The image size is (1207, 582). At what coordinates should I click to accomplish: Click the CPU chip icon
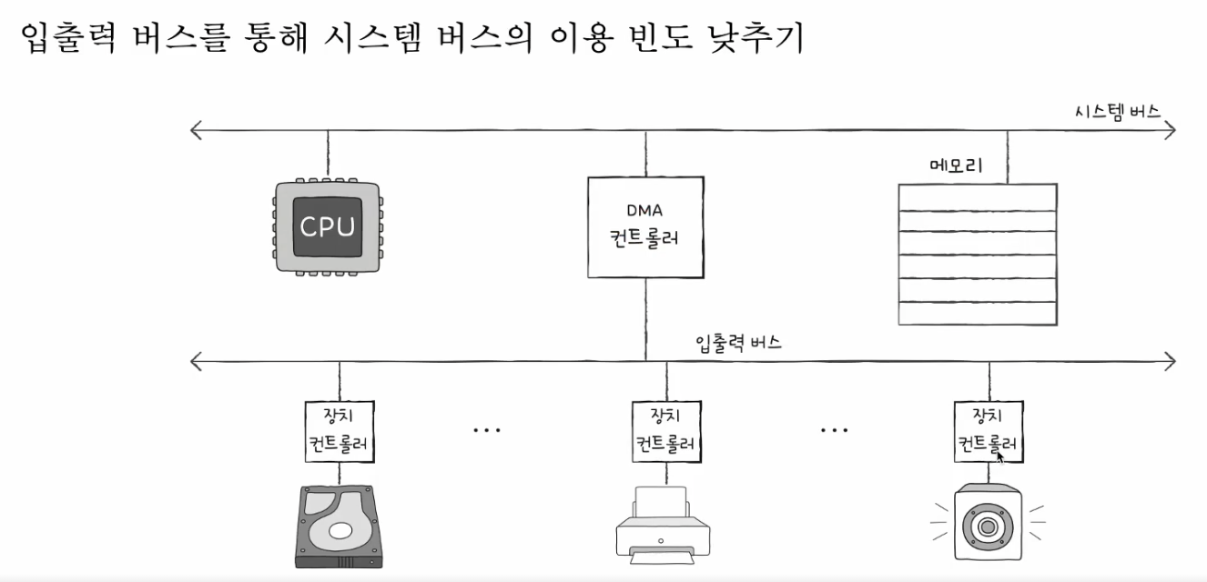(x=327, y=226)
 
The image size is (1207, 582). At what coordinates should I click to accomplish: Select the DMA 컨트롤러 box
(x=645, y=226)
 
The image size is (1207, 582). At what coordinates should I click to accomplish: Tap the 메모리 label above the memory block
(x=956, y=166)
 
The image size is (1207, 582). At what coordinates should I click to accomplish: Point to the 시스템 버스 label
(x=1117, y=112)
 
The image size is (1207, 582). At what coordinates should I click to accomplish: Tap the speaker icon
(x=988, y=525)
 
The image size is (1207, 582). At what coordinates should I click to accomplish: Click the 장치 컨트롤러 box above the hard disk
(x=339, y=431)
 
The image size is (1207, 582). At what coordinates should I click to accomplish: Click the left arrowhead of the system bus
(x=196, y=130)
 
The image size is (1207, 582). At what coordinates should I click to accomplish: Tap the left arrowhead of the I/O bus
(x=196, y=362)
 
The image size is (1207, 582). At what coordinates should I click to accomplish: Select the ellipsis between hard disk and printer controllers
(x=487, y=430)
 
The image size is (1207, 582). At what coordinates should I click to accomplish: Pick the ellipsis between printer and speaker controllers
(x=834, y=430)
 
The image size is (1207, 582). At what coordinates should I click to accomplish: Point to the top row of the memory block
(x=978, y=196)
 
